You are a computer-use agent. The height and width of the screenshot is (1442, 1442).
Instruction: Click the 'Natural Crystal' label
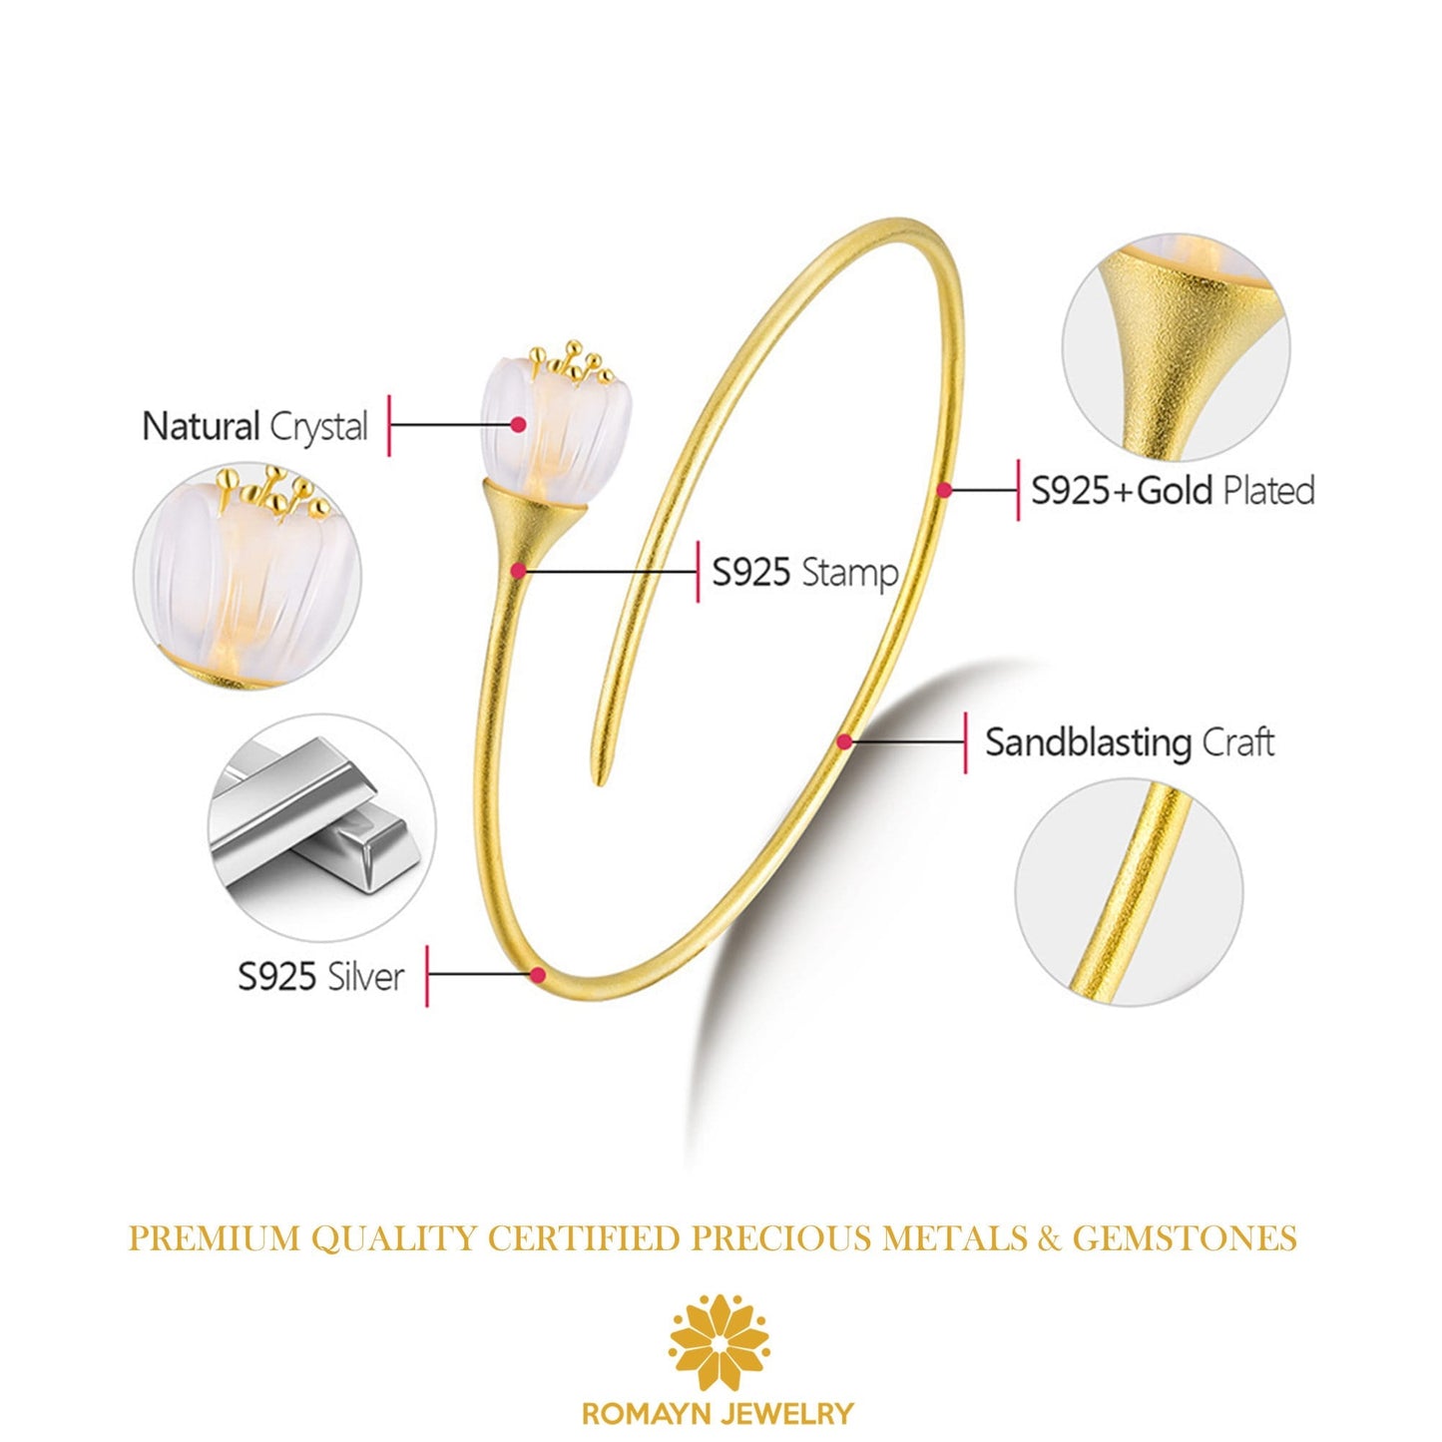click(255, 426)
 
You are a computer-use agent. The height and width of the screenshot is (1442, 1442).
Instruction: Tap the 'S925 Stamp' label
click(804, 573)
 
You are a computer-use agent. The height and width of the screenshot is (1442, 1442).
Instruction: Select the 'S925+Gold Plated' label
click(1173, 490)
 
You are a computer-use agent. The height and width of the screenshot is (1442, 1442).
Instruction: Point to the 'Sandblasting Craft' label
click(1130, 742)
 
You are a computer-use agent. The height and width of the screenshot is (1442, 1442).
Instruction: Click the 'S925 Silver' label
click(321, 976)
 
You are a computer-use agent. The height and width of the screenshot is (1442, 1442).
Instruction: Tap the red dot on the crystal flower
click(518, 424)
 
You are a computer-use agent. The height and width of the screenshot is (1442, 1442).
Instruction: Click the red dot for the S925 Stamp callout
click(518, 571)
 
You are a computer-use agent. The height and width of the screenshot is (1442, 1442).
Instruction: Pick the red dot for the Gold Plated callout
click(944, 490)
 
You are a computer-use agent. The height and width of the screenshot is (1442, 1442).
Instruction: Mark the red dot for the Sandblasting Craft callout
click(844, 741)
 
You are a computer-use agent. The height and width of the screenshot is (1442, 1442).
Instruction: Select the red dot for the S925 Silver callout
click(538, 975)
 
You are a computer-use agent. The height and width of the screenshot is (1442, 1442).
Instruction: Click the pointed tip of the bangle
click(599, 779)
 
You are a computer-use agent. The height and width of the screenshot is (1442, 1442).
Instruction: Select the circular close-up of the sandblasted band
click(1129, 892)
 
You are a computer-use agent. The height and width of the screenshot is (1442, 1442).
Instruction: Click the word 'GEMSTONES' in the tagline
click(1185, 1238)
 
